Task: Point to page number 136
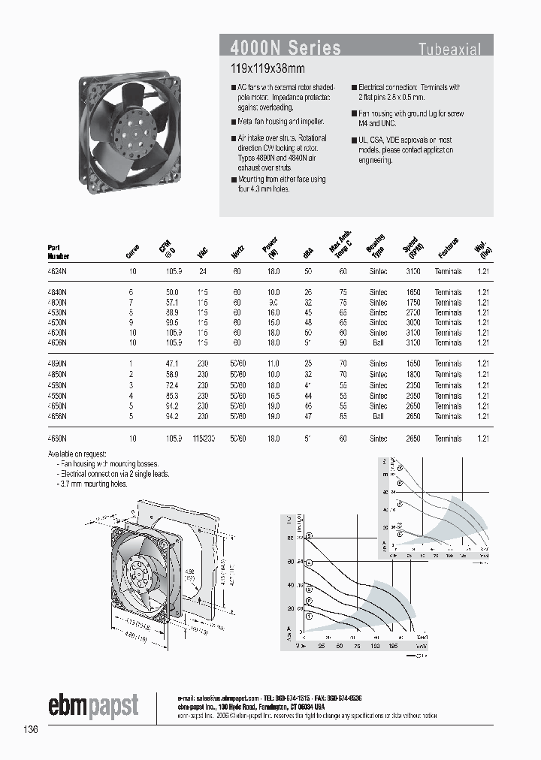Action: [x=30, y=729]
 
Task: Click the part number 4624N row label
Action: [x=57, y=270]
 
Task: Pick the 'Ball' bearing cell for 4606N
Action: [x=377, y=342]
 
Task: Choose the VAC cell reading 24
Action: [x=201, y=270]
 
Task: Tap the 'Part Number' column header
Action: [x=58, y=250]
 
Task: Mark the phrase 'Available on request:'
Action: [x=77, y=454]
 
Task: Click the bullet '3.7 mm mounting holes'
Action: [x=95, y=484]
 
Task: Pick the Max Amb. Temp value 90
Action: [x=343, y=342]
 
